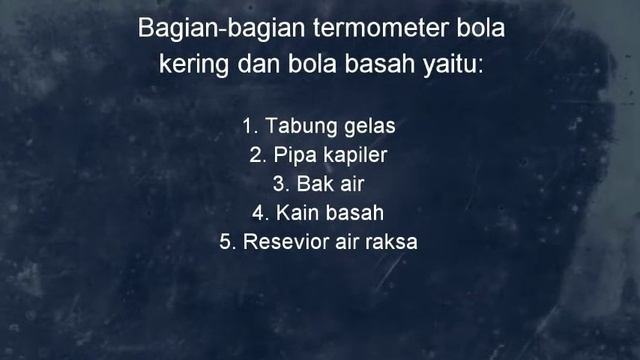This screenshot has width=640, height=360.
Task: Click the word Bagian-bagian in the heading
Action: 207,29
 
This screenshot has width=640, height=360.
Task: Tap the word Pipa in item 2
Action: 293,156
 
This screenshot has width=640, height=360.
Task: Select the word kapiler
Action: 355,156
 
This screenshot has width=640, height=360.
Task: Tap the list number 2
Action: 255,156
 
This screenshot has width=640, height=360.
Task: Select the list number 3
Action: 279,184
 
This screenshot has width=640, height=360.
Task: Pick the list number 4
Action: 259,213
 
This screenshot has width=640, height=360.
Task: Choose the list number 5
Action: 226,241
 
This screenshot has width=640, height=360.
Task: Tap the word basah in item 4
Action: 358,213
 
